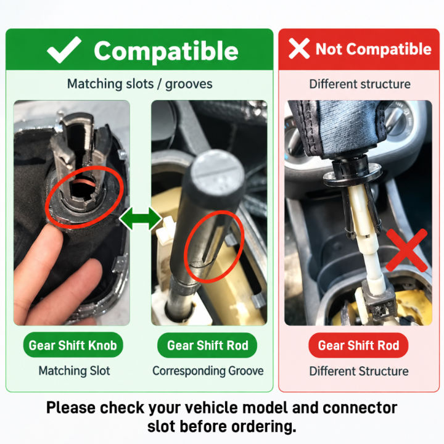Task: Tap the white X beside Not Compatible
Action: (298, 49)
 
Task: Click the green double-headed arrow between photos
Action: (141, 218)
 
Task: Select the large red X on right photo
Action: (406, 250)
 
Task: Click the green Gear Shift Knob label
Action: (73, 345)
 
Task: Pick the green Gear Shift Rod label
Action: (207, 345)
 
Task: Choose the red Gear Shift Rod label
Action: (358, 345)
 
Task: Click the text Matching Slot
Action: (74, 371)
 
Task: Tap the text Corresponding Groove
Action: (208, 371)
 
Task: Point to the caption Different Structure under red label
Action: (359, 371)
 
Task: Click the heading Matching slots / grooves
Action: (139, 84)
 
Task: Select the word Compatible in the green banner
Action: (166, 51)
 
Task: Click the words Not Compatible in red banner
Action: (374, 49)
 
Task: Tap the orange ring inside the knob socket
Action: (84, 182)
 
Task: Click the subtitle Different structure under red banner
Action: (360, 84)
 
